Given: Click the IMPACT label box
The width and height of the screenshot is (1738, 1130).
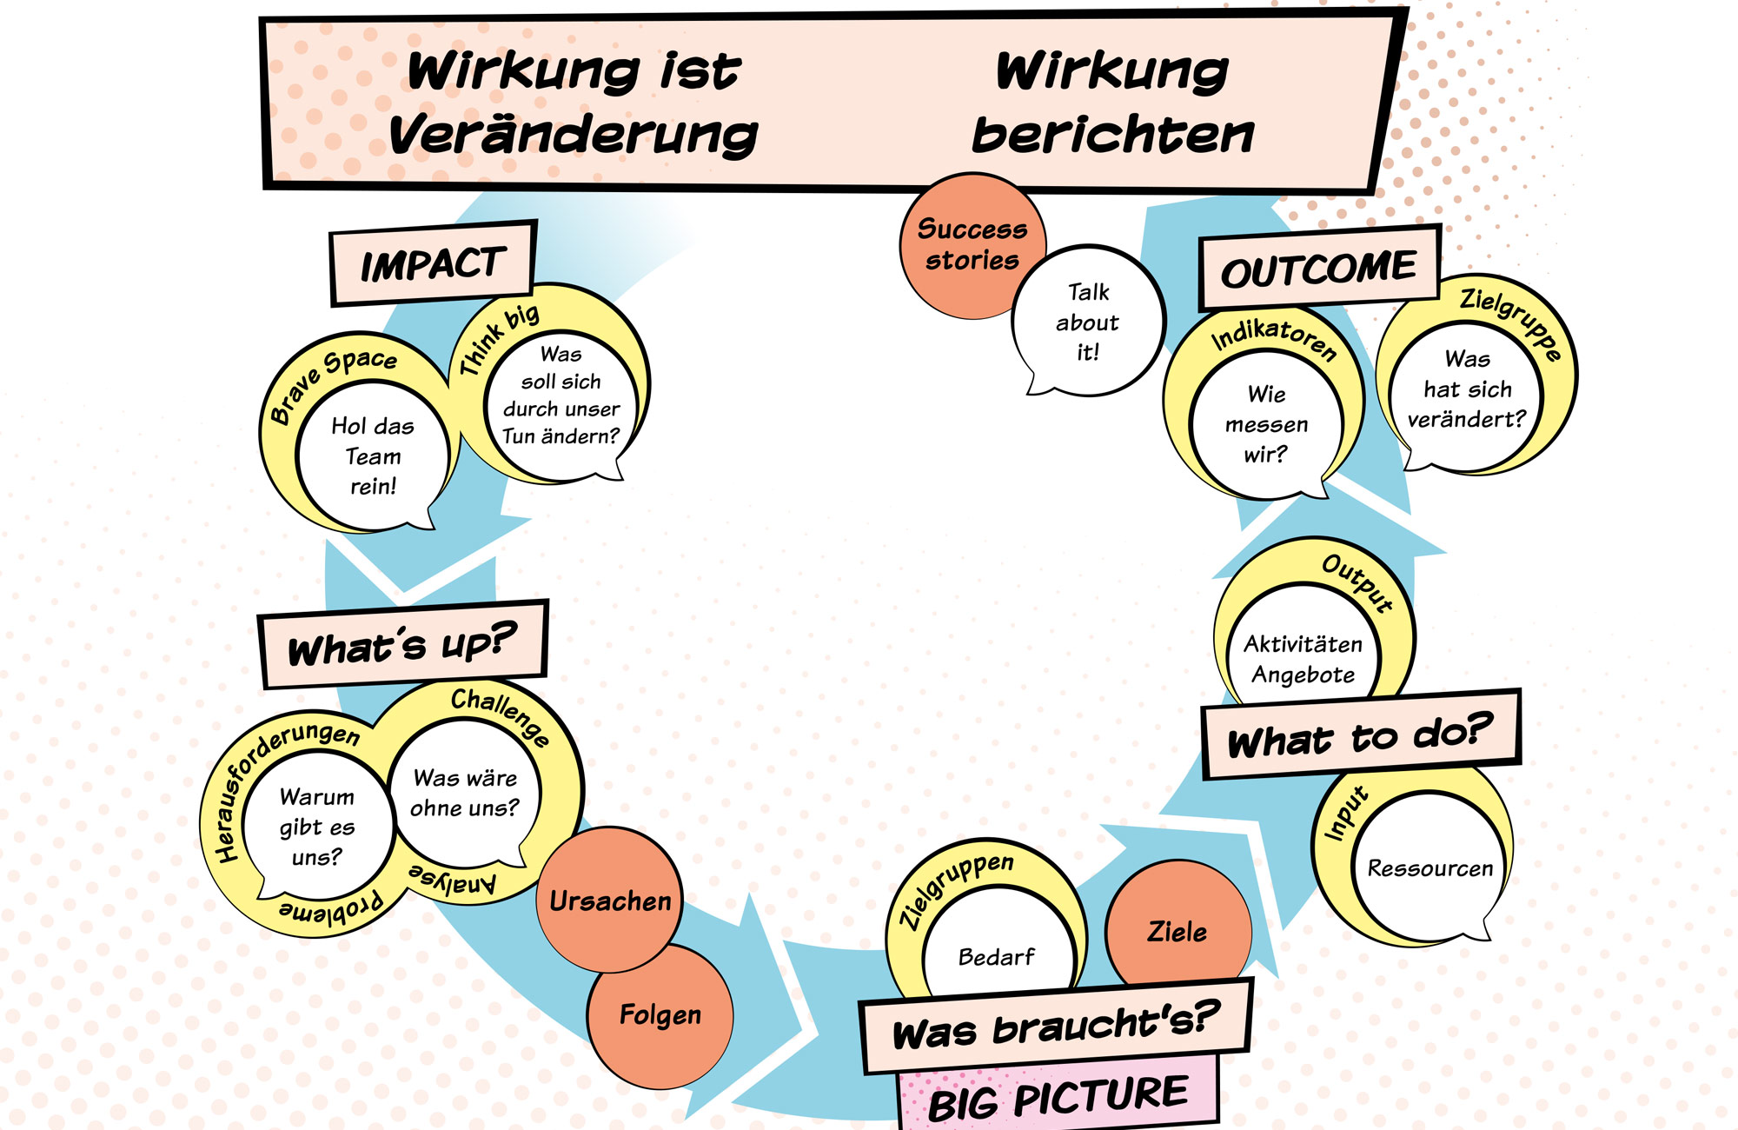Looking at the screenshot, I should [x=432, y=264].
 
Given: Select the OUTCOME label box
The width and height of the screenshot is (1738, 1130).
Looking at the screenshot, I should [x=1318, y=269].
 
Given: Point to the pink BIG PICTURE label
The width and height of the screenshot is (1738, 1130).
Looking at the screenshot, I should [x=1058, y=1098].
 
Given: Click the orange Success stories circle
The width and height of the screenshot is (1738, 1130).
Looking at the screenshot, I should [x=972, y=244].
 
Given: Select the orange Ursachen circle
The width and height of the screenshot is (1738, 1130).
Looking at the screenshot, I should [x=610, y=901].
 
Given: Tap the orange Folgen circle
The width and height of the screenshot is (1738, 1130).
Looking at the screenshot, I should [x=660, y=1015].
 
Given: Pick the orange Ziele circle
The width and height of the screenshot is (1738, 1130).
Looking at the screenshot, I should [x=1177, y=932].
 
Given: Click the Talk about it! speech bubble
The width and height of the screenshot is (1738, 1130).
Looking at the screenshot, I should [x=1088, y=322].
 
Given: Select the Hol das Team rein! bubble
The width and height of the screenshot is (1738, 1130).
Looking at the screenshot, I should [x=373, y=456].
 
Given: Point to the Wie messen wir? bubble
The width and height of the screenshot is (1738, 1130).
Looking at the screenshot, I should [x=1266, y=424].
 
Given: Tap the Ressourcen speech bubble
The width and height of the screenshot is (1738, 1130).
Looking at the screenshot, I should [x=1430, y=868].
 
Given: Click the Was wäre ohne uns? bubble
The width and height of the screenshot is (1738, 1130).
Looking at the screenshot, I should [x=465, y=793].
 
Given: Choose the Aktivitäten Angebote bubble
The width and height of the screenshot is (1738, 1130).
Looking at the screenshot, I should [x=1303, y=659].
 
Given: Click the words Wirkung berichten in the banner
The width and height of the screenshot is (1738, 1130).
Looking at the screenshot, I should [x=1112, y=103].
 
